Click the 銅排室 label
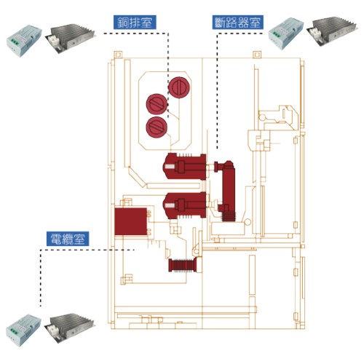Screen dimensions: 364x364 (135, 23)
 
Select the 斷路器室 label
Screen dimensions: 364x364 (238, 23)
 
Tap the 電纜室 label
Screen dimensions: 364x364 (68, 239)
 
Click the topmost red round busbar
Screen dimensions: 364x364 (179, 87)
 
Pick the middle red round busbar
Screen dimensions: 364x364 (157, 104)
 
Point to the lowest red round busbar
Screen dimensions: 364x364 (157, 127)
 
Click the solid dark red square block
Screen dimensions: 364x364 (131, 221)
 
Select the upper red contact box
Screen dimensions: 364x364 (185, 167)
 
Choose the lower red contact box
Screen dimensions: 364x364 (185, 205)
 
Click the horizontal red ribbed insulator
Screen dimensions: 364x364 (185, 265)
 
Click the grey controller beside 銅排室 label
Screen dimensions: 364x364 (24, 41)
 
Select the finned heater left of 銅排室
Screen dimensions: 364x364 (71, 38)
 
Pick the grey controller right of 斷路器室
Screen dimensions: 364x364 (286, 33)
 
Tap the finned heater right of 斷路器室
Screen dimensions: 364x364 (332, 31)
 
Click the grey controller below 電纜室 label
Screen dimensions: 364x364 (23, 331)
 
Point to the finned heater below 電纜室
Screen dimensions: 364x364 (71, 328)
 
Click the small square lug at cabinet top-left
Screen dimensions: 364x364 (118, 55)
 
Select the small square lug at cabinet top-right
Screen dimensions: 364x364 (257, 55)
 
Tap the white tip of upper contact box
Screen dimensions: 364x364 (169, 167)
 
